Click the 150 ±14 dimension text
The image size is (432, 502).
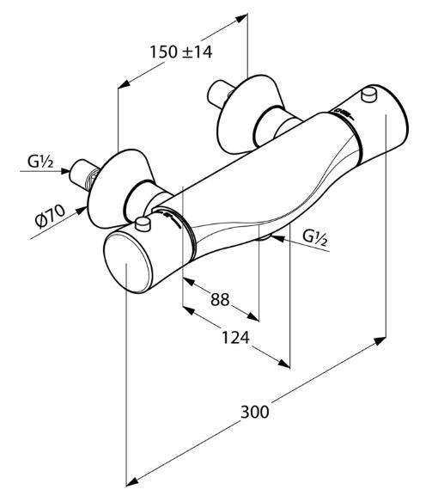pos(181,52)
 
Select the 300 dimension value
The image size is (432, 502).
pos(254,412)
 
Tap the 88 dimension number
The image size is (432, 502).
pos(221,299)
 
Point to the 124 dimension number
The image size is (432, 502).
pos(235,337)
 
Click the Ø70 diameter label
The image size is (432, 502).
pos(50,216)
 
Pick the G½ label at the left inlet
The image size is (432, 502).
pos(40,162)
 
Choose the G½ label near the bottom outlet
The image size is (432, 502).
pos(315,238)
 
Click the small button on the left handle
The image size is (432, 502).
pos(143,223)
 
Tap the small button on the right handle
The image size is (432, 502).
pos(368,95)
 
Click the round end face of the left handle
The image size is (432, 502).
pos(127,262)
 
